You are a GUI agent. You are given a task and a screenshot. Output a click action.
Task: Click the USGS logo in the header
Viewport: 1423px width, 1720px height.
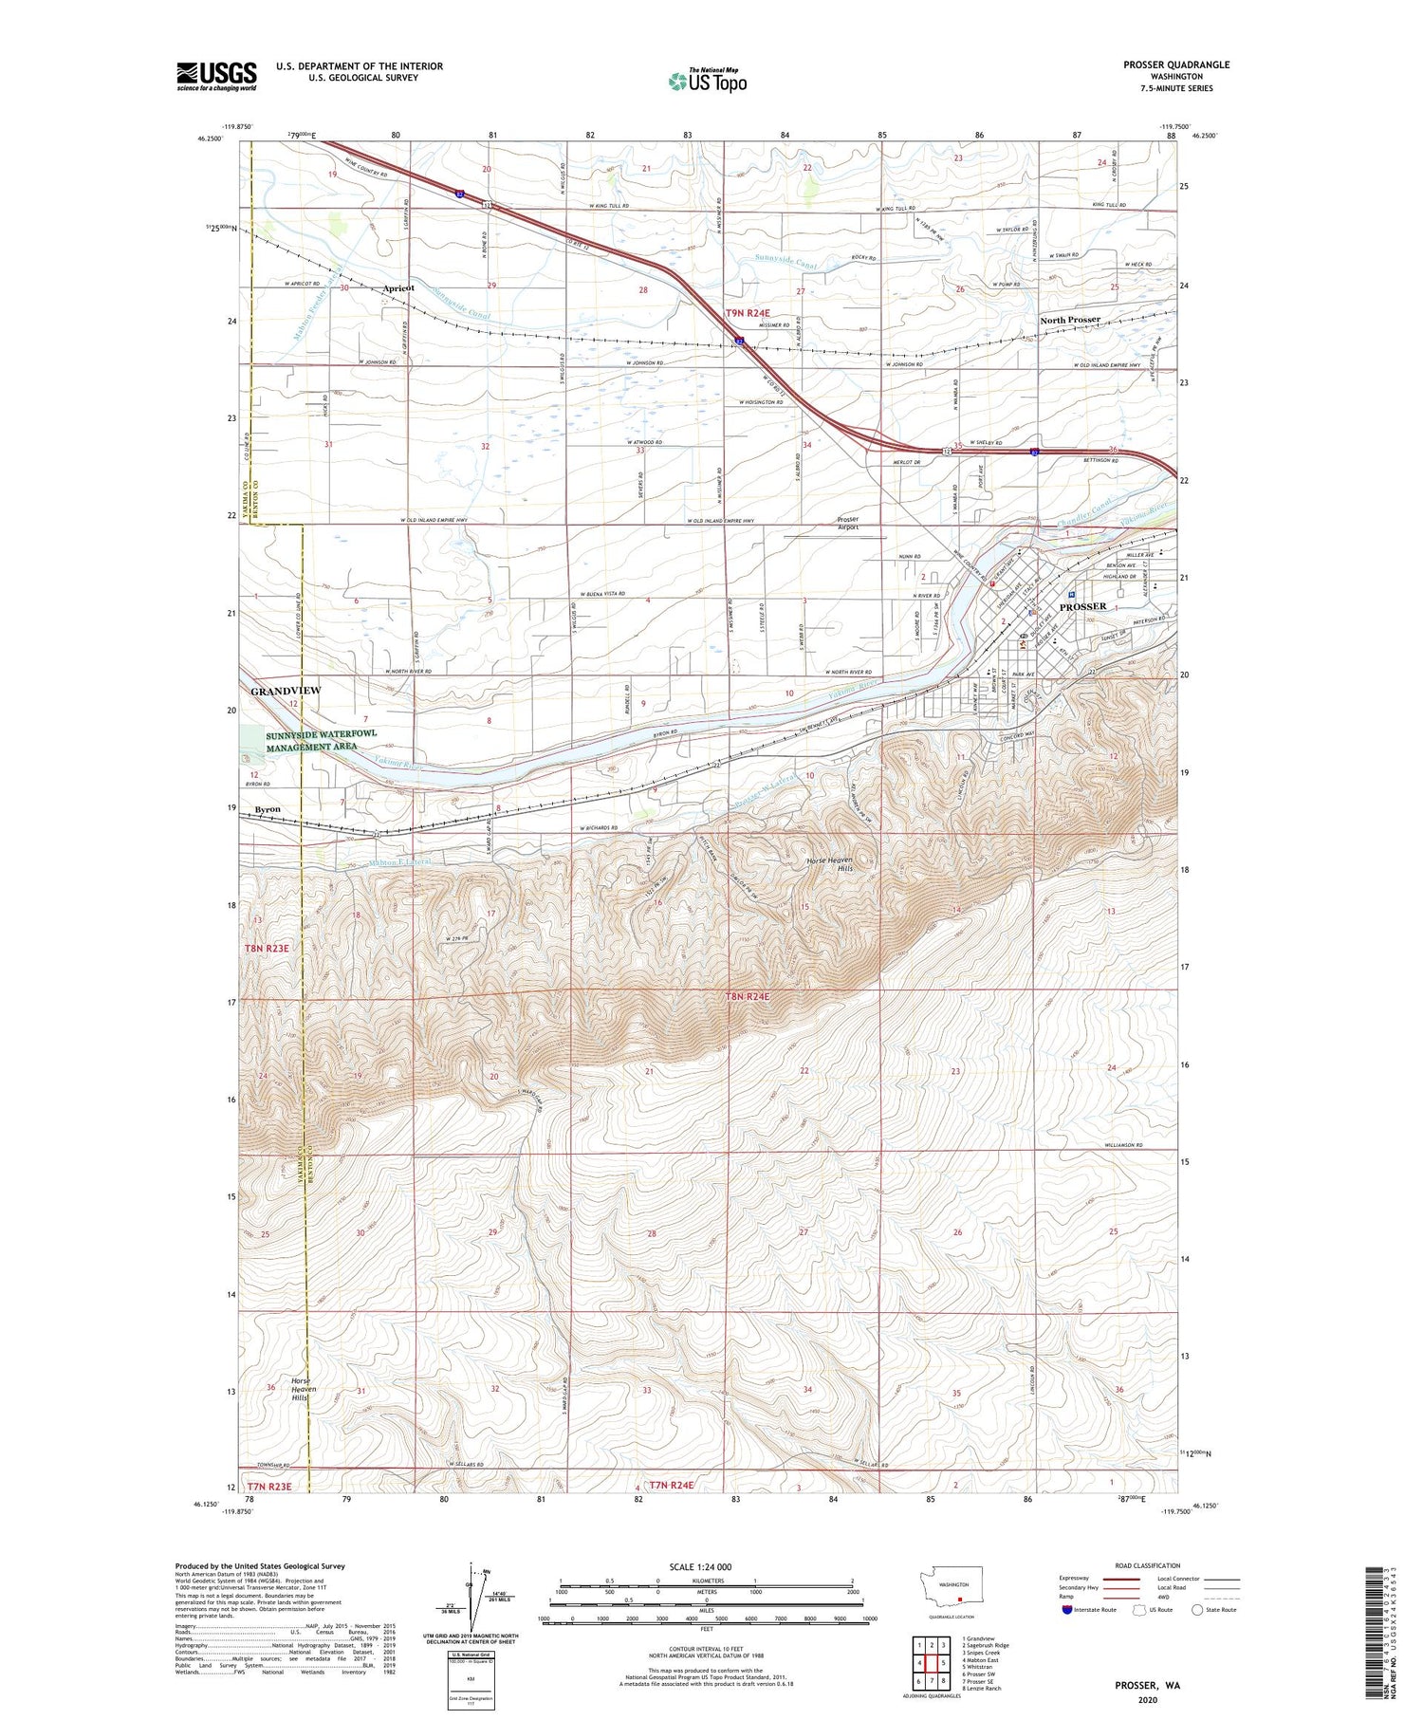(216, 76)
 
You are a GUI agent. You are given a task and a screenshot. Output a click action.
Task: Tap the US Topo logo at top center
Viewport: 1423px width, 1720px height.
(708, 82)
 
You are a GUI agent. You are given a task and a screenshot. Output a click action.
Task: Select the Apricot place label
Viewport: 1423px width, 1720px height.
(398, 287)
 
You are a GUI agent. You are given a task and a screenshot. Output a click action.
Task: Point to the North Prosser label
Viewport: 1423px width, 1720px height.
(1069, 320)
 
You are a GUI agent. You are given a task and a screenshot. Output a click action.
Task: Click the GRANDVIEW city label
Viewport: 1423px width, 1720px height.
(286, 692)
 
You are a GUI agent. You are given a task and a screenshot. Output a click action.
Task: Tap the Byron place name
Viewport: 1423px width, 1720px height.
(268, 809)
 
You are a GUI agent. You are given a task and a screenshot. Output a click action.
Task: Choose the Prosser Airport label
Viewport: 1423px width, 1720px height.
(847, 524)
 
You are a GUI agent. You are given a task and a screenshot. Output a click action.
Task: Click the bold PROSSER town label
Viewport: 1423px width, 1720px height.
(1082, 606)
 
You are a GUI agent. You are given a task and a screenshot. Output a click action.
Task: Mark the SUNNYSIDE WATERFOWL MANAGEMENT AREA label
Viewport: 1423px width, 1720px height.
(313, 741)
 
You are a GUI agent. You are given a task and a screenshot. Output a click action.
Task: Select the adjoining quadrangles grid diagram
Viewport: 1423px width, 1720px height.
(933, 1662)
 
